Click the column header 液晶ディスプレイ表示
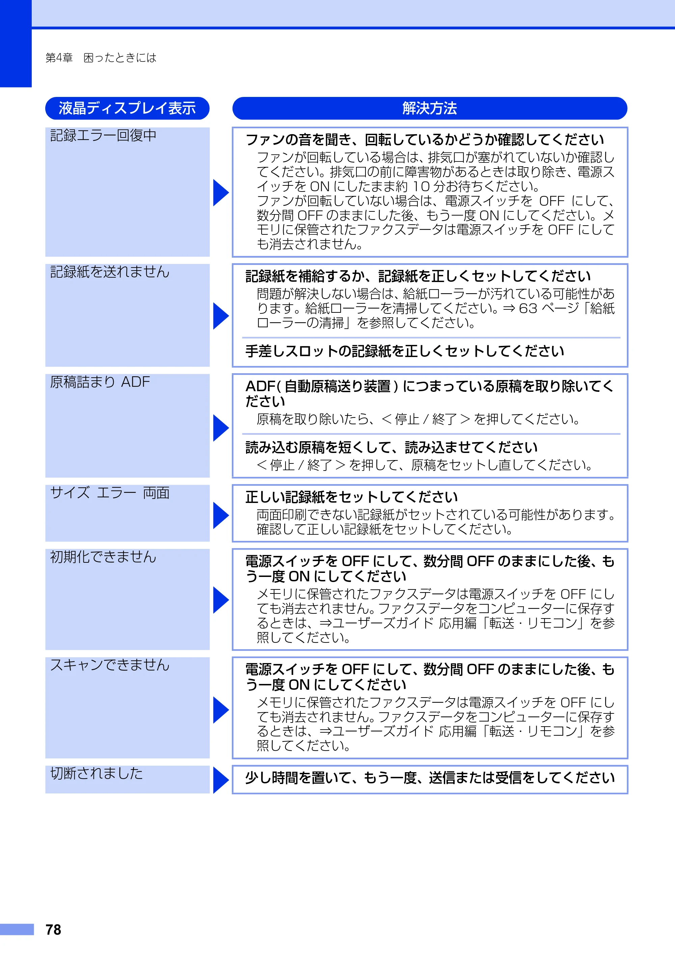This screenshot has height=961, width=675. [127, 108]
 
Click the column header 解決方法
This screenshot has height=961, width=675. [430, 108]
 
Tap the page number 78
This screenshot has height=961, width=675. [53, 930]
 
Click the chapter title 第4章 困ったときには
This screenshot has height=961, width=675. [101, 57]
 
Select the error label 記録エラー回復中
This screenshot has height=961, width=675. [103, 135]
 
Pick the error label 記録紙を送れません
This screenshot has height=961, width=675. [110, 272]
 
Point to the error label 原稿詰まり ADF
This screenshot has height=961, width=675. [100, 382]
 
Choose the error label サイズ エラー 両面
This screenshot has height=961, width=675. [110, 492]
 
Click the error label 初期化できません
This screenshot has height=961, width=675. [103, 557]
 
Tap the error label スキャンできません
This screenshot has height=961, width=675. [110, 665]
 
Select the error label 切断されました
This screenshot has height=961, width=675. [97, 773]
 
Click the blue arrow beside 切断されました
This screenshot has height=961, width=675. [221, 780]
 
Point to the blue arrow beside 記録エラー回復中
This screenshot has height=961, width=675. [221, 193]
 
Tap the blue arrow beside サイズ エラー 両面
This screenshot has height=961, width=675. [221, 515]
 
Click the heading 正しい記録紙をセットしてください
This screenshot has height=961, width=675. [352, 497]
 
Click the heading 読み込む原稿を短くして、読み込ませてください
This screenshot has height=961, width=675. [391, 448]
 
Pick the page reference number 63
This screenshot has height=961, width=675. [528, 308]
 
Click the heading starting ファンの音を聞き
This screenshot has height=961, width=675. [425, 140]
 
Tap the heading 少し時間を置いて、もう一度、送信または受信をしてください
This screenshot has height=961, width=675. [430, 778]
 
